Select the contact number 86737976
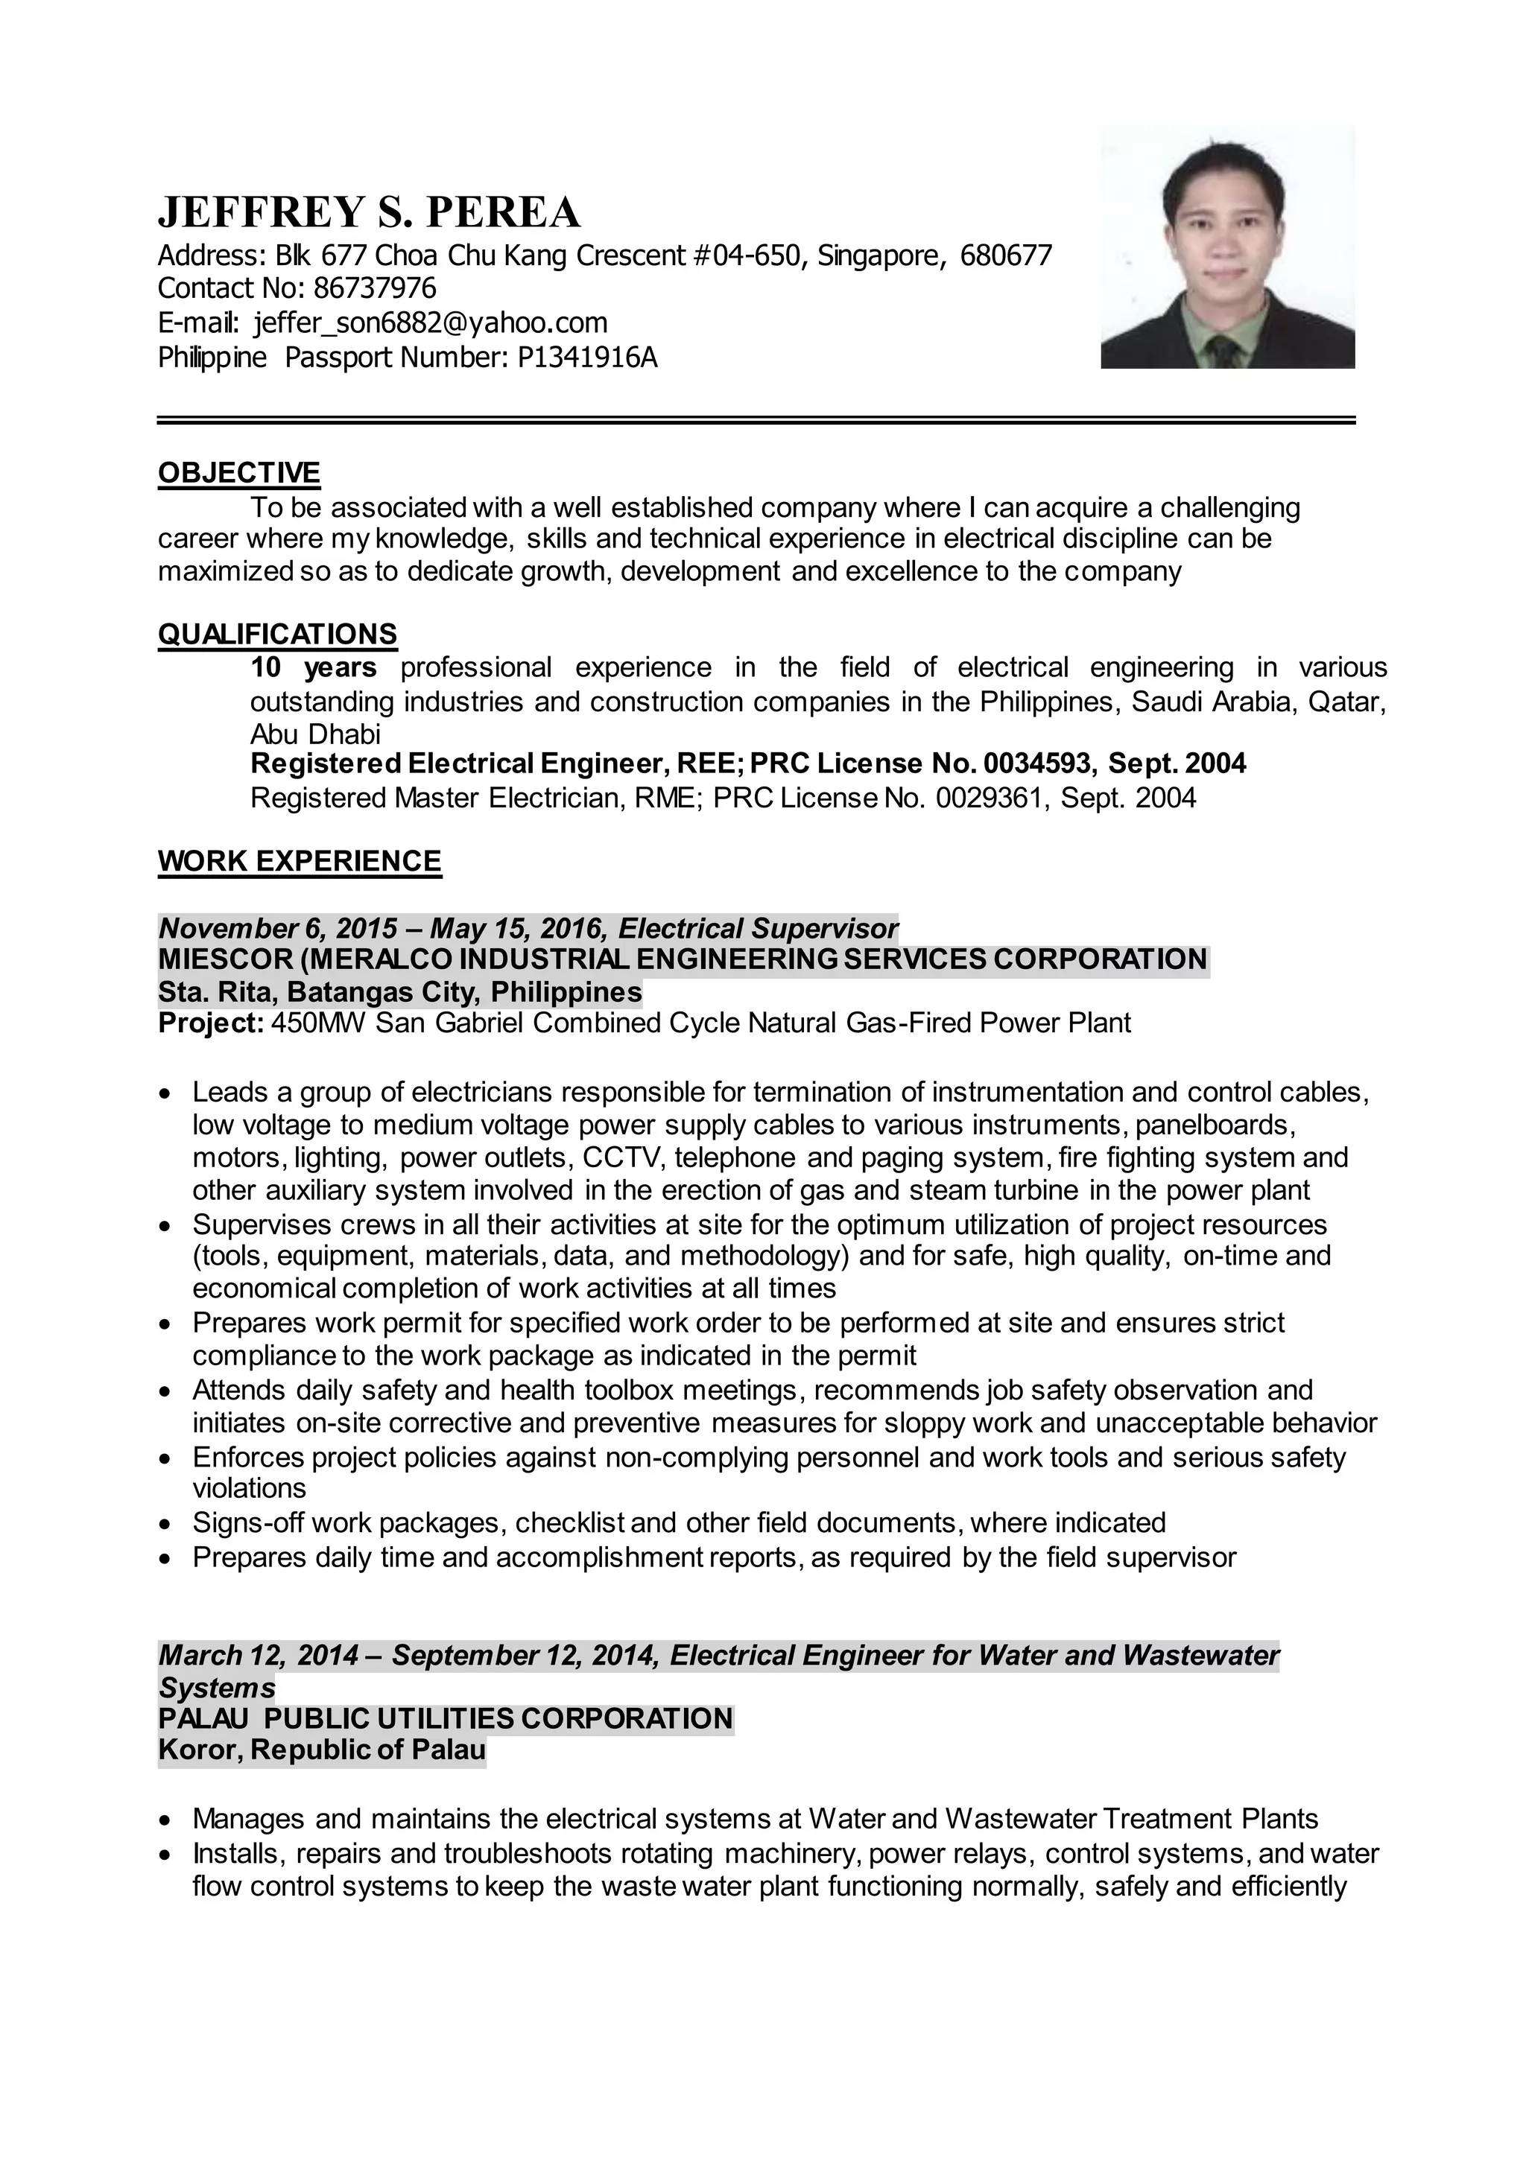(x=375, y=288)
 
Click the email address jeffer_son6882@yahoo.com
(x=431, y=323)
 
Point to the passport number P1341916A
(x=587, y=358)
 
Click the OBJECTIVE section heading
(x=238, y=472)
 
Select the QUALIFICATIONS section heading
(x=277, y=634)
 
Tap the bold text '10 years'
(x=313, y=668)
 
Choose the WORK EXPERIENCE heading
(x=299, y=862)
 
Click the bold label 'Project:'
(x=210, y=1023)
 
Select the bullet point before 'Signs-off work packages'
(x=165, y=1524)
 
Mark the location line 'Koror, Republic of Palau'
(x=321, y=1750)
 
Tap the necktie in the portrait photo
(x=1224, y=352)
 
